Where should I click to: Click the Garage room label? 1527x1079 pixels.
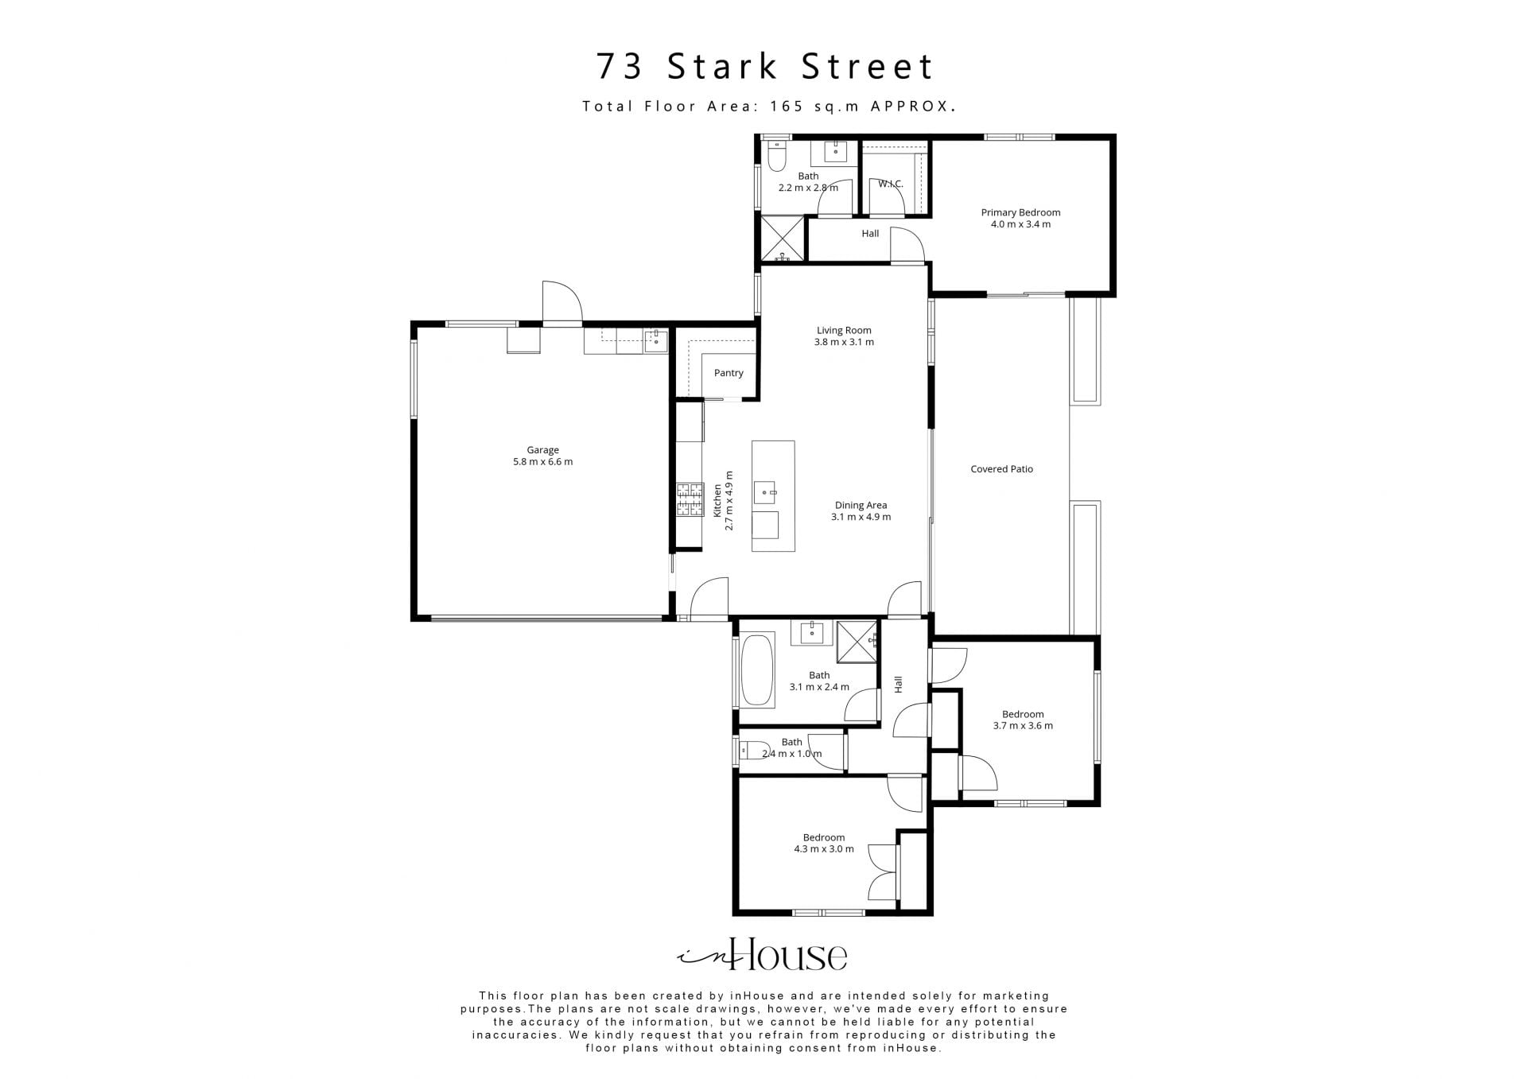click(x=542, y=450)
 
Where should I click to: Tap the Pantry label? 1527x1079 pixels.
click(x=729, y=373)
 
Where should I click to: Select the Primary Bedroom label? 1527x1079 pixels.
click(x=1020, y=212)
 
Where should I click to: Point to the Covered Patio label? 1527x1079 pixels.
click(x=1001, y=469)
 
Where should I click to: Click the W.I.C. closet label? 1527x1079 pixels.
click(x=891, y=184)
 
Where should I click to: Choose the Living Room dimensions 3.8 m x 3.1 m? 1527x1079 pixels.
click(x=844, y=343)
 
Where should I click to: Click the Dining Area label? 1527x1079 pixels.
click(x=861, y=505)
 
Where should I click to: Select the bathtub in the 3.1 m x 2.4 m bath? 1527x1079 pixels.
click(x=757, y=670)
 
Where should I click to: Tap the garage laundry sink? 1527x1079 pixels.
click(x=656, y=341)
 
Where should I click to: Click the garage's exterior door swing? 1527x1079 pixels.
click(x=562, y=302)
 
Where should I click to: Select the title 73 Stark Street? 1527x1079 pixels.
click(x=765, y=67)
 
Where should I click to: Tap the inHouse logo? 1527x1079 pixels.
click(x=762, y=954)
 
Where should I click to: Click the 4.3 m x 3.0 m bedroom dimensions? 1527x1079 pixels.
click(x=824, y=849)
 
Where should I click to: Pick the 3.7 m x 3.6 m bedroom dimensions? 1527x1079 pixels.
click(x=1023, y=726)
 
